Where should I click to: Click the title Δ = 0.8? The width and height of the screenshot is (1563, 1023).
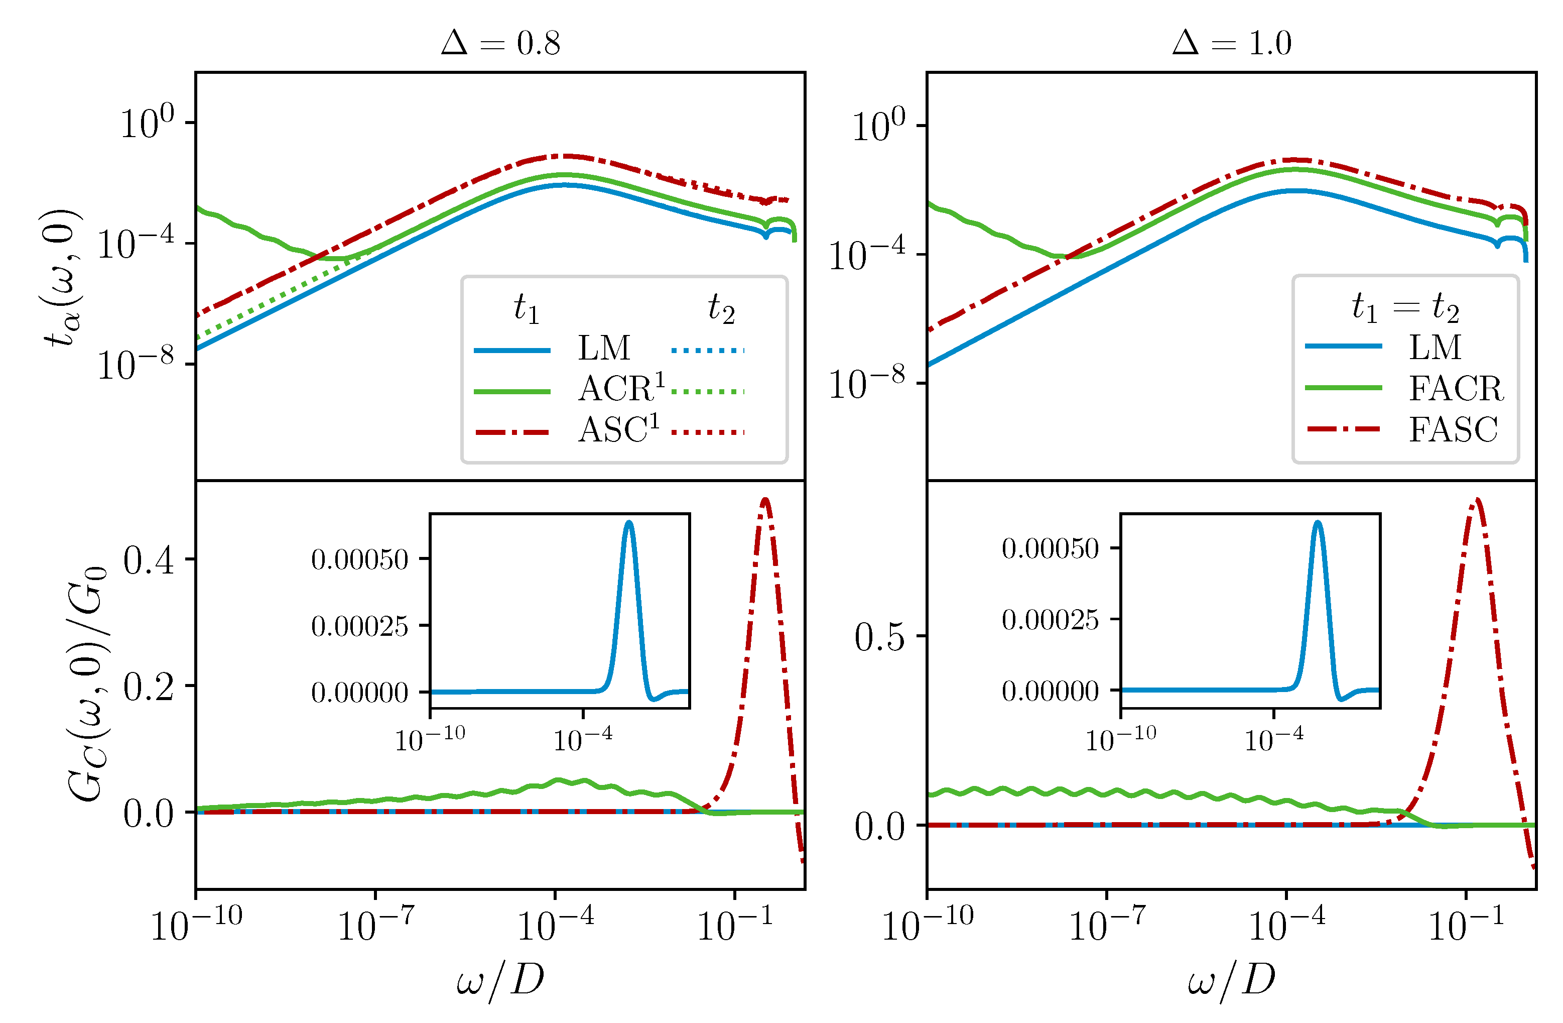pyautogui.click(x=500, y=43)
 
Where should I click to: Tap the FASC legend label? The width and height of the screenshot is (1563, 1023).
pyautogui.click(x=1453, y=430)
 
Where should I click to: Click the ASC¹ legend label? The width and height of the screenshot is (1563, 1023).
pyautogui.click(x=618, y=430)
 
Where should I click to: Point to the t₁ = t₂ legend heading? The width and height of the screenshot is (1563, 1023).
pyautogui.click(x=1405, y=307)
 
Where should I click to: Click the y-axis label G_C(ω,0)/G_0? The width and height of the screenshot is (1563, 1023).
pyautogui.click(x=87, y=684)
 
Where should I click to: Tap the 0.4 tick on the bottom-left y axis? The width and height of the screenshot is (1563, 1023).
pyautogui.click(x=149, y=560)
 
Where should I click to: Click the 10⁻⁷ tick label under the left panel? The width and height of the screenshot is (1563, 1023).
pyautogui.click(x=375, y=925)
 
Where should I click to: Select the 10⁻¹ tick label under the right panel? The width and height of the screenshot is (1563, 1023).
pyautogui.click(x=1465, y=925)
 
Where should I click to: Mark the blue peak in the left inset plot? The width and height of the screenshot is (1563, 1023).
pyautogui.click(x=628, y=524)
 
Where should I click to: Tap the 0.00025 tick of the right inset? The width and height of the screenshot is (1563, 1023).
pyautogui.click(x=1050, y=619)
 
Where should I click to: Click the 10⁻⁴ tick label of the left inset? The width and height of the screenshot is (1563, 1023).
pyautogui.click(x=583, y=740)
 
